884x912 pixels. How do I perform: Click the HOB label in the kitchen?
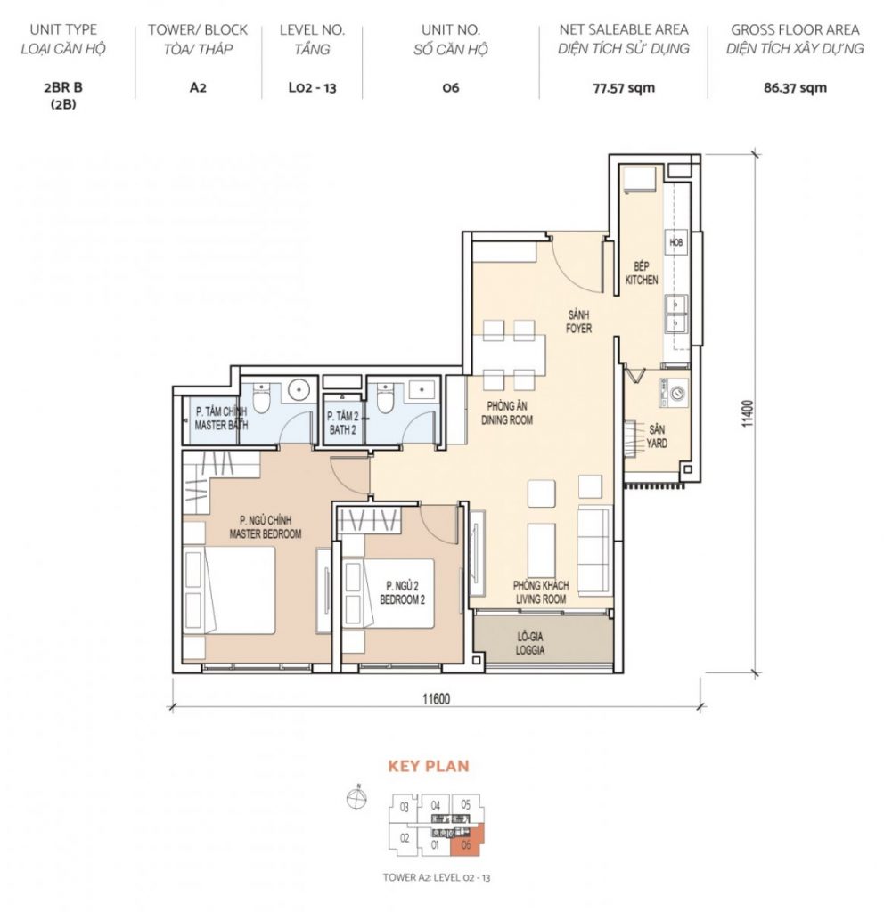pyautogui.click(x=675, y=242)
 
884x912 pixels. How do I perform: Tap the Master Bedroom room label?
pyautogui.click(x=266, y=527)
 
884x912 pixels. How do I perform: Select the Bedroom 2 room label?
pyautogui.click(x=402, y=592)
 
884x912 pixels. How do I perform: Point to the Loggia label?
pyautogui.click(x=530, y=643)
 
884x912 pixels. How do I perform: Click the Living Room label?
pyautogui.click(x=541, y=592)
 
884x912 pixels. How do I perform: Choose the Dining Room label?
pyautogui.click(x=507, y=413)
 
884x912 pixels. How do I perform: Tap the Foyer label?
pyautogui.click(x=578, y=322)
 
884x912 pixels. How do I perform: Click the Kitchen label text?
pyautogui.click(x=642, y=273)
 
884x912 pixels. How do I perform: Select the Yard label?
pyautogui.click(x=657, y=436)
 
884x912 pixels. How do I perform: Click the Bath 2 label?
pyautogui.click(x=343, y=423)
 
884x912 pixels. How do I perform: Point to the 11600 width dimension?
pyautogui.click(x=436, y=698)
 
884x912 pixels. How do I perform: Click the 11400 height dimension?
pyautogui.click(x=748, y=413)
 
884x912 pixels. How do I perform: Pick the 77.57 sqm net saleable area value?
pyautogui.click(x=624, y=88)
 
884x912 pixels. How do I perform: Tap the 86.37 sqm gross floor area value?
pyautogui.click(x=795, y=88)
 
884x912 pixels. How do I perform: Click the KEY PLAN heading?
pyautogui.click(x=429, y=766)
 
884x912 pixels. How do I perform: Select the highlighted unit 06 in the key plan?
pyautogui.click(x=467, y=843)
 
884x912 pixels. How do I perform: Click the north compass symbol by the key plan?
pyautogui.click(x=356, y=798)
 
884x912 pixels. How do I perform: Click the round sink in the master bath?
pyautogui.click(x=299, y=389)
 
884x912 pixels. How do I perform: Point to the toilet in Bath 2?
pyautogui.click(x=385, y=398)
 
